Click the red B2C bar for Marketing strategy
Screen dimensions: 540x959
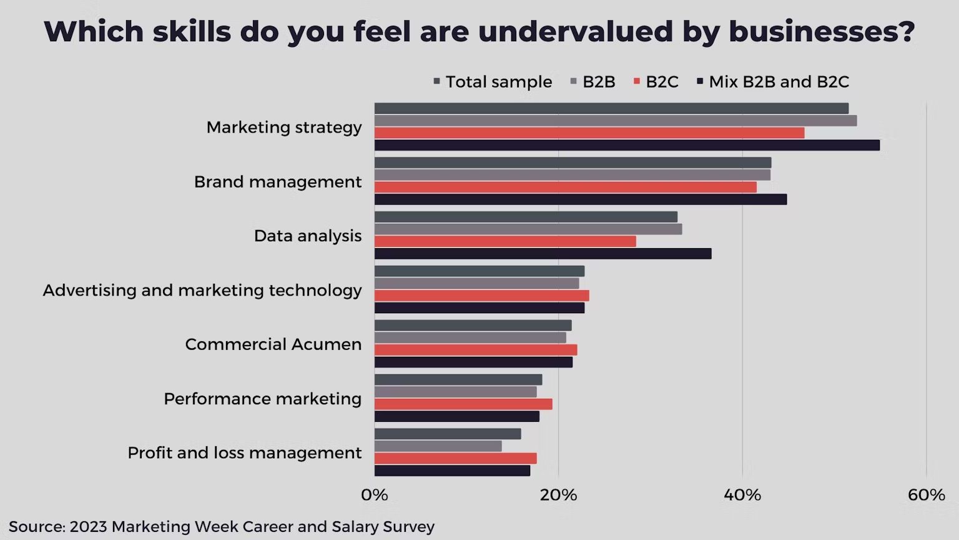point(589,133)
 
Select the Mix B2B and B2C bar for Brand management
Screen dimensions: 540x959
point(581,199)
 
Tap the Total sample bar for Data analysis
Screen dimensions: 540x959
point(526,217)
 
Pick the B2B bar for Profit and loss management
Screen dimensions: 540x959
point(438,446)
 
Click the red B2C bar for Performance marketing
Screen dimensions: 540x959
point(463,404)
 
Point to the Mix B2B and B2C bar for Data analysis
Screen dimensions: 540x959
point(543,254)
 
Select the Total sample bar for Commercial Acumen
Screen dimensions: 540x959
point(473,326)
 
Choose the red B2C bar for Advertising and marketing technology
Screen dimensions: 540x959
point(481,296)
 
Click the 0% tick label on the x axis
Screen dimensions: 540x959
point(374,496)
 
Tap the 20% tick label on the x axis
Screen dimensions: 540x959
point(558,496)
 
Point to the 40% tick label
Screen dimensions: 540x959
point(742,496)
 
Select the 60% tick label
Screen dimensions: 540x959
point(926,496)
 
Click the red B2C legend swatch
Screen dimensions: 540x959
point(637,82)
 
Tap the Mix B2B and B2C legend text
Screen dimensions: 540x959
point(779,82)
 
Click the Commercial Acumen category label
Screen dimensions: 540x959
point(273,344)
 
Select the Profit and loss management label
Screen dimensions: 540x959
point(244,452)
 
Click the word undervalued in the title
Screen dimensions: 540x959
point(575,31)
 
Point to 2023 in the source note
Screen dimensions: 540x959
point(88,527)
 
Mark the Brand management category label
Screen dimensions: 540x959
point(277,182)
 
